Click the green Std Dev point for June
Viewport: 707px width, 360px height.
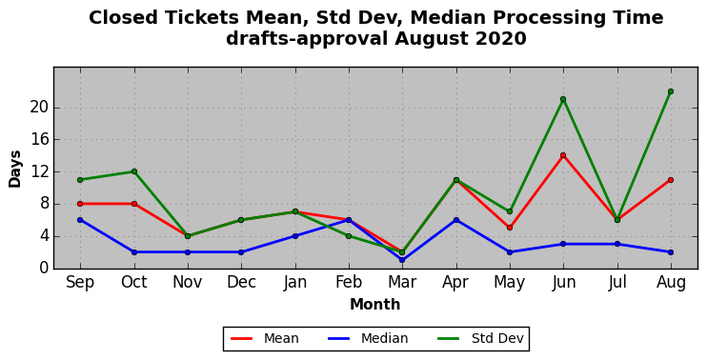pos(563,99)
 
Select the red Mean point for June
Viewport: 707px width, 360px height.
pos(563,155)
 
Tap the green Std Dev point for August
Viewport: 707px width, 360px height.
pos(671,91)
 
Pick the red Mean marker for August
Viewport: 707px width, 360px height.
pos(671,180)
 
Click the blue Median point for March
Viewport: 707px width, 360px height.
pos(402,260)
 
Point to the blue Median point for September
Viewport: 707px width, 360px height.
pos(80,220)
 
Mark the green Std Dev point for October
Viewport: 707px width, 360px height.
pos(134,171)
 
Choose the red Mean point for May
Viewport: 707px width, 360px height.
pos(510,228)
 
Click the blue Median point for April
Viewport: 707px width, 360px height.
pos(455,220)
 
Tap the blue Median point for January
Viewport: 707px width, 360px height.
pos(294,235)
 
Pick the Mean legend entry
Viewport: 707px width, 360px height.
pos(265,338)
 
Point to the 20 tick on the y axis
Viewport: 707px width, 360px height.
pos(40,109)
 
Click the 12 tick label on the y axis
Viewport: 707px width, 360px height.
pos(40,172)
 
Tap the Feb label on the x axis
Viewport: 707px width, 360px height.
pos(349,282)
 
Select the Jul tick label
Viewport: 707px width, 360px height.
pos(616,282)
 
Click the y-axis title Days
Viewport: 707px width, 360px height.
pos(15,169)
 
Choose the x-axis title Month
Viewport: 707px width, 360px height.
pos(375,305)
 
